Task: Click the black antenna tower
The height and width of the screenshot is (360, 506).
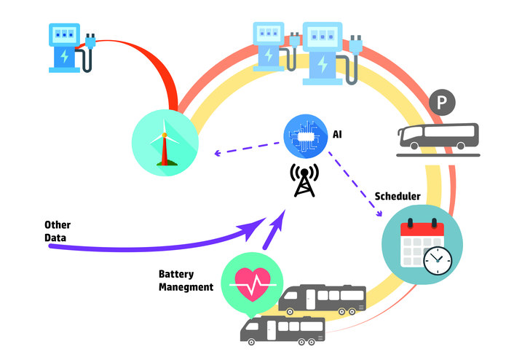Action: (304, 180)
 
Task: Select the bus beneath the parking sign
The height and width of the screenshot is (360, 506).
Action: (438, 136)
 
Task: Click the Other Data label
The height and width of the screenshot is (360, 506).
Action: (58, 230)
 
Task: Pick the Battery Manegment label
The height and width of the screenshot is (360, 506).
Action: (186, 281)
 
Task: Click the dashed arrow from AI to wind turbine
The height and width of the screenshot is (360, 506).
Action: (248, 146)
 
